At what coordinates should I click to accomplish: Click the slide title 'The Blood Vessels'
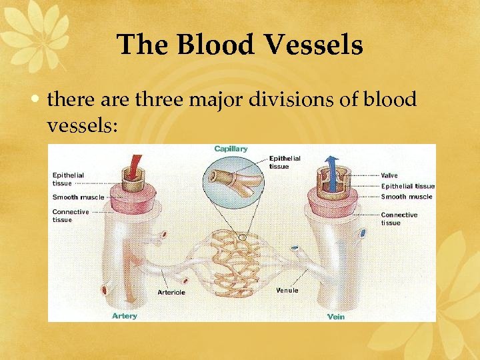[x=240, y=45]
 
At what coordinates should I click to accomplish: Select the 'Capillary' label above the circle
[x=231, y=149]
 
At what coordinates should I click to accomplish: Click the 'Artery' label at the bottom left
[x=125, y=315]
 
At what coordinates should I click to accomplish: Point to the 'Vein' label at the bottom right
[x=336, y=317]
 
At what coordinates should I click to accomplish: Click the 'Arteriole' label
[x=171, y=292]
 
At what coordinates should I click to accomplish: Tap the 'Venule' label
[x=287, y=290]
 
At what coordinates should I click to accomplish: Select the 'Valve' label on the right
[x=389, y=175]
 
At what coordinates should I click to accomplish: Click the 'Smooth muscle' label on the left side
[x=79, y=197]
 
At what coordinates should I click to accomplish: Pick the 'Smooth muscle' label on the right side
[x=407, y=197]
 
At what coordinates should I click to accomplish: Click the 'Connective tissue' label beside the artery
[x=71, y=215]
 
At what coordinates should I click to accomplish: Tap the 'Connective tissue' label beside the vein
[x=399, y=219]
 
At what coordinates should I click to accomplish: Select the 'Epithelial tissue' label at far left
[x=69, y=179]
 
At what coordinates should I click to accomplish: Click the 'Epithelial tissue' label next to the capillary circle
[x=285, y=162]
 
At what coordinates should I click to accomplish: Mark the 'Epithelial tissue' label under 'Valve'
[x=407, y=186]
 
